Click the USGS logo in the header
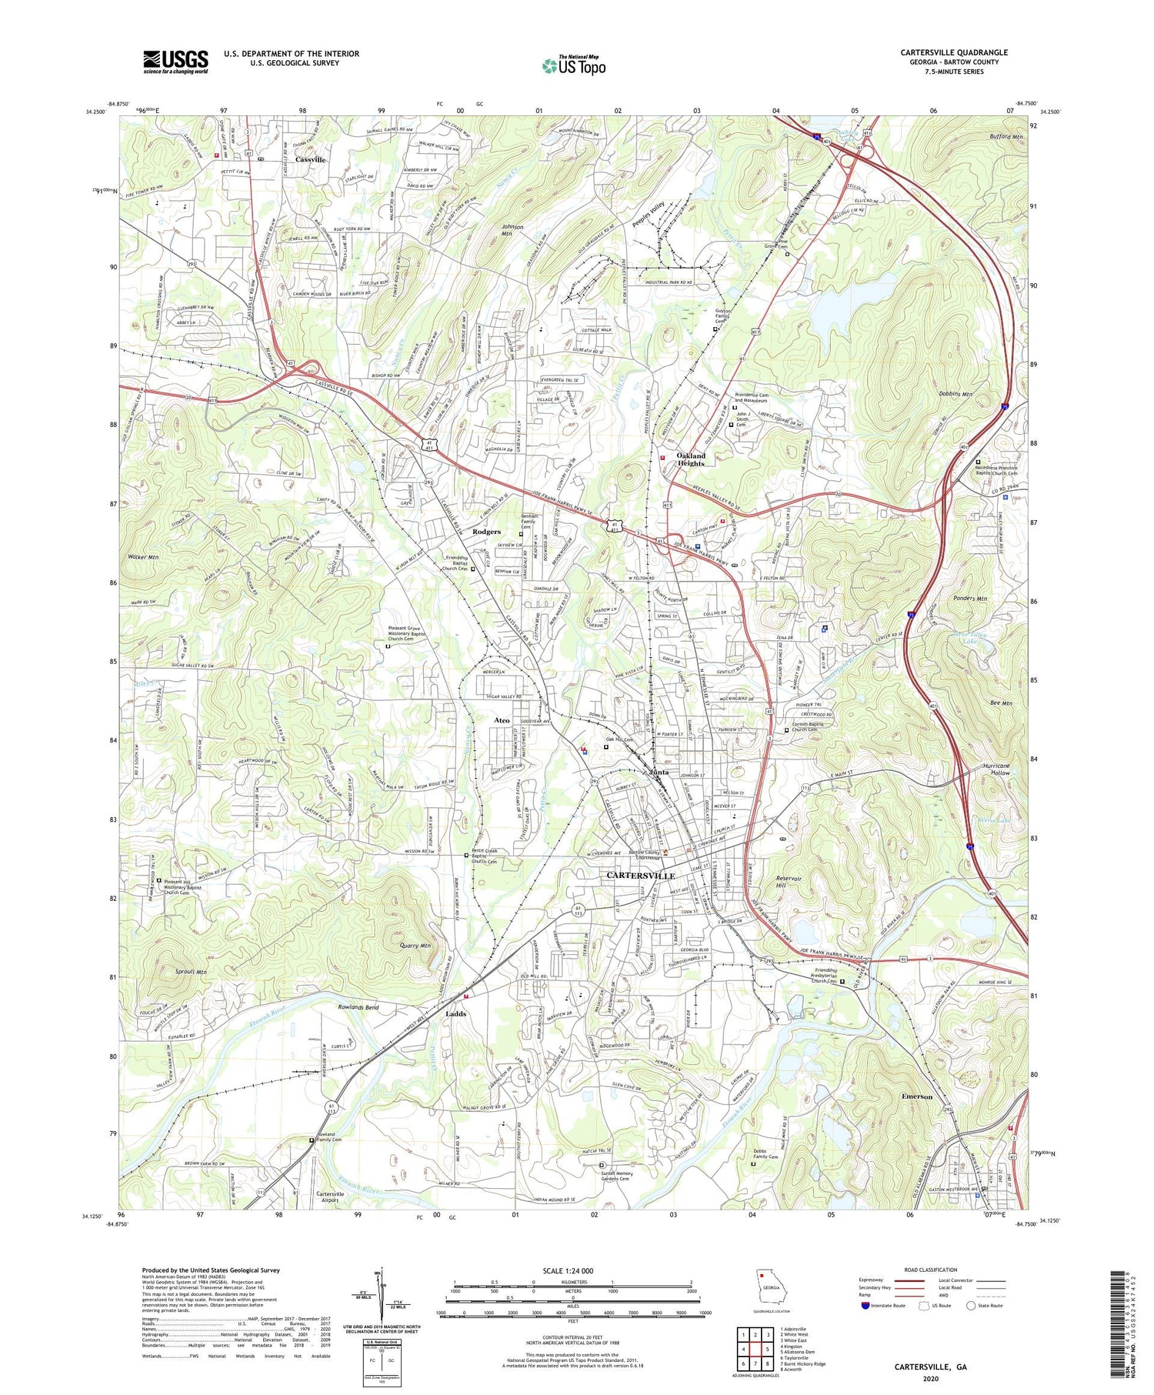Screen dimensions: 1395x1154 (175, 62)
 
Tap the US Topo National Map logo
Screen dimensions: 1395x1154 (574, 65)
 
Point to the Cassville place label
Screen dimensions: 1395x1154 (311, 159)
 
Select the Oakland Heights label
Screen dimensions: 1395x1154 (690, 459)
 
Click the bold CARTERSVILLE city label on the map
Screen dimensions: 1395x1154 (640, 876)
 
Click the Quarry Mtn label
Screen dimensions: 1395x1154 (415, 946)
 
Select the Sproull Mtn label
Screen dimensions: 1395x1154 (190, 972)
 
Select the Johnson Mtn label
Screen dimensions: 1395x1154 (512, 231)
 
